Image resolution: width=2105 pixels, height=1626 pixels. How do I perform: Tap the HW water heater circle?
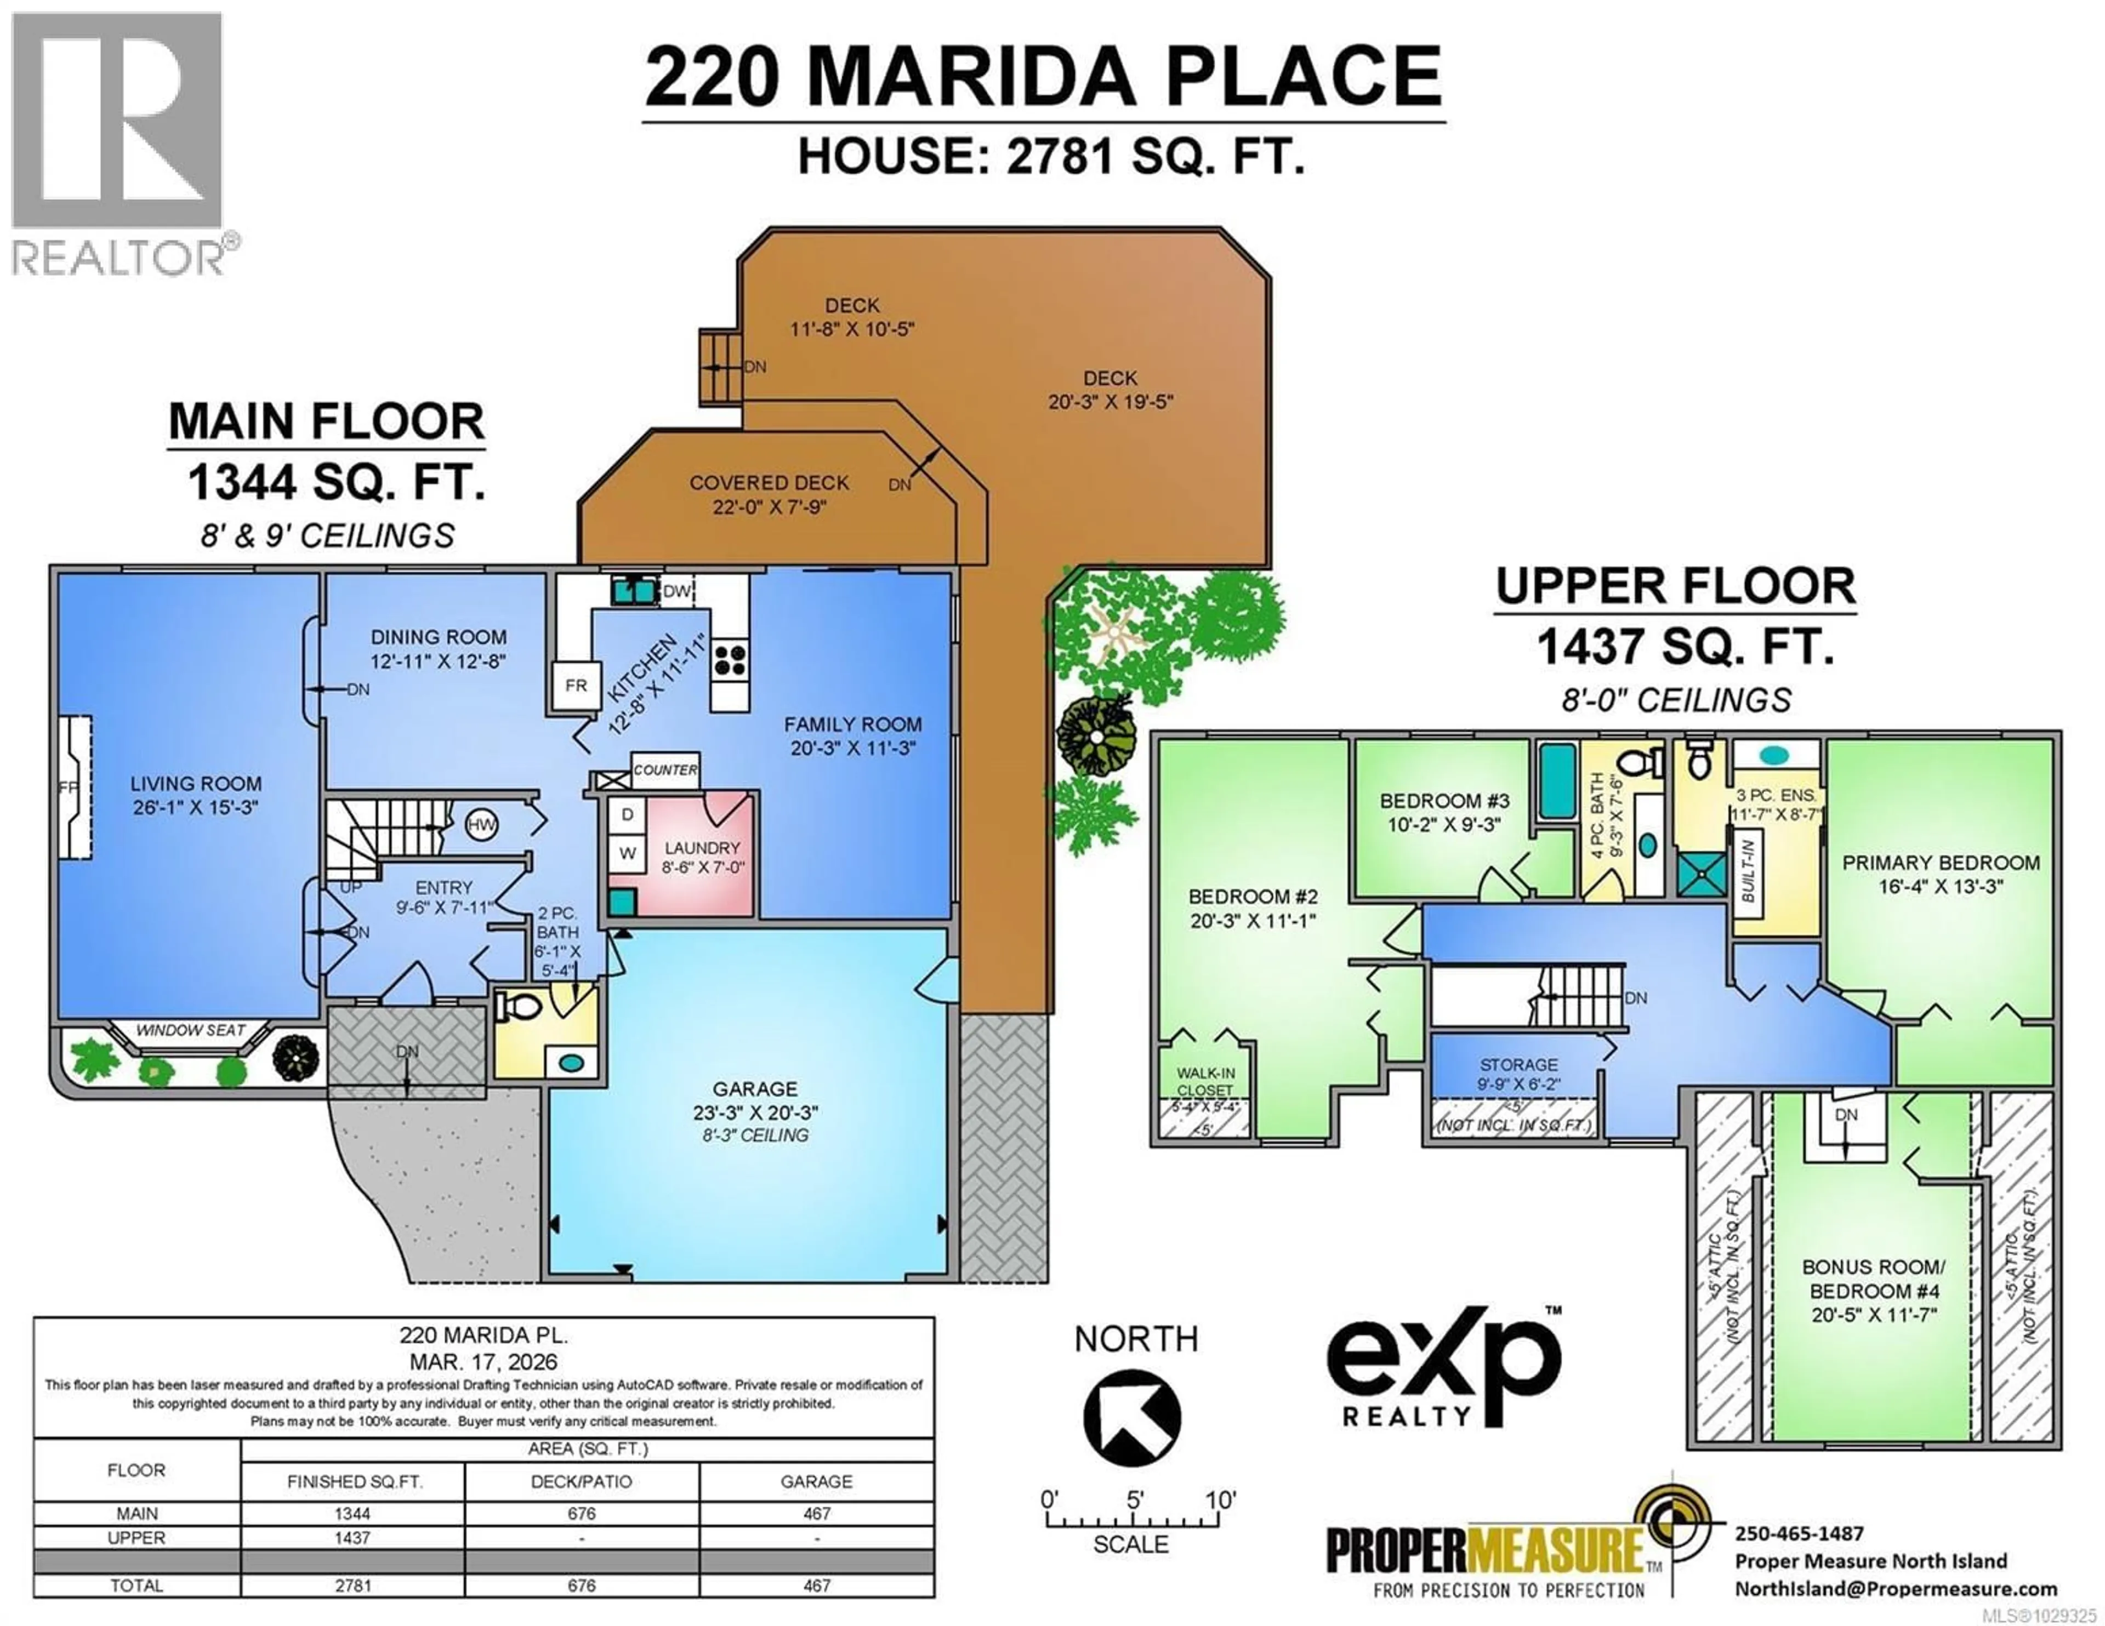click(x=481, y=824)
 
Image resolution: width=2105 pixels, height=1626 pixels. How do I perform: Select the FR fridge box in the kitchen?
click(x=576, y=685)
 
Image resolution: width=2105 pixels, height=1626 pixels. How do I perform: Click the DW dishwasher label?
click(x=676, y=591)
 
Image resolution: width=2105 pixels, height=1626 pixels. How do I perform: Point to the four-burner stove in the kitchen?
click(x=730, y=660)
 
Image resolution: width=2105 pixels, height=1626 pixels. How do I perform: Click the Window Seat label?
click(x=190, y=1030)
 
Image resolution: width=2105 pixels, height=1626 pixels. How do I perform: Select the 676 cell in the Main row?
click(x=581, y=1513)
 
